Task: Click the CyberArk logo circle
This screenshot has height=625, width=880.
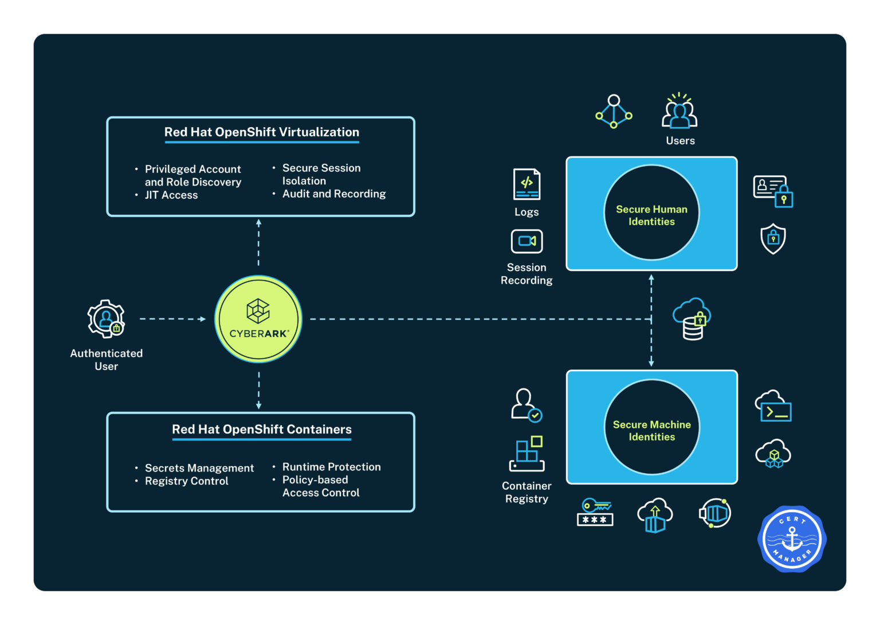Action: click(258, 319)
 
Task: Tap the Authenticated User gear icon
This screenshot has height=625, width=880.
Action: click(106, 319)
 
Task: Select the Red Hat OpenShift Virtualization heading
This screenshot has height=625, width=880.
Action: click(261, 132)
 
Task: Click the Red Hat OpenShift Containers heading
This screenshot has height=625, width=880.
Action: click(261, 430)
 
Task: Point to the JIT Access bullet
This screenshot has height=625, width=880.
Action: click(171, 195)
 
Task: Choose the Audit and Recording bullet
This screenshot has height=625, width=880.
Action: click(333, 194)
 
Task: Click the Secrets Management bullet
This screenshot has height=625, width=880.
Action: click(199, 468)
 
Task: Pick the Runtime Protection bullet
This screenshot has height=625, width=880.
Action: click(331, 467)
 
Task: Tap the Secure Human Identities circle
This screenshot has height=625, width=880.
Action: click(651, 213)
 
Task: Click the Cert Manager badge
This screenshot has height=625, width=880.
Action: click(792, 539)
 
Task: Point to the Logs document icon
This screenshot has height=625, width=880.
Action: click(527, 184)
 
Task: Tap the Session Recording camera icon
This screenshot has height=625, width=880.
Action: click(527, 241)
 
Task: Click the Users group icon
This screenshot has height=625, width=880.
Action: click(679, 111)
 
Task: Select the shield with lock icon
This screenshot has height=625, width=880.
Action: click(773, 238)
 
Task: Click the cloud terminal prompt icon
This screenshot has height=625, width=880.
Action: click(773, 406)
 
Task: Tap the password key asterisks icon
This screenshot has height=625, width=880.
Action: click(595, 513)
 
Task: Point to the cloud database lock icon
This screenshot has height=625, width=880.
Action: click(692, 319)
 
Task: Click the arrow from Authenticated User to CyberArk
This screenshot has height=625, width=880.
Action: click(172, 319)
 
